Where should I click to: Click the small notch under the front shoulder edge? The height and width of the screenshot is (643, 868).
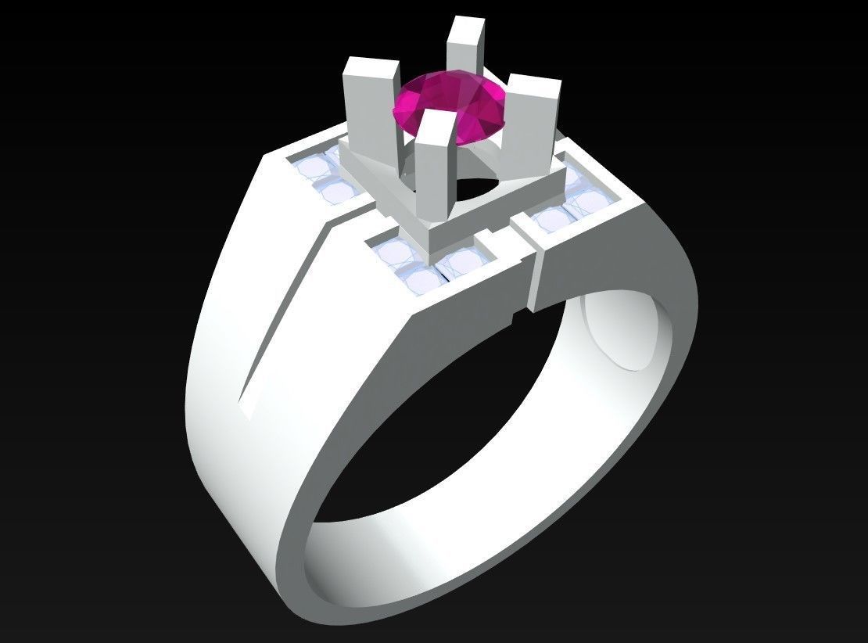click(515, 316)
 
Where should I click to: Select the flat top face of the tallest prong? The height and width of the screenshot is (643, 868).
click(463, 20)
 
